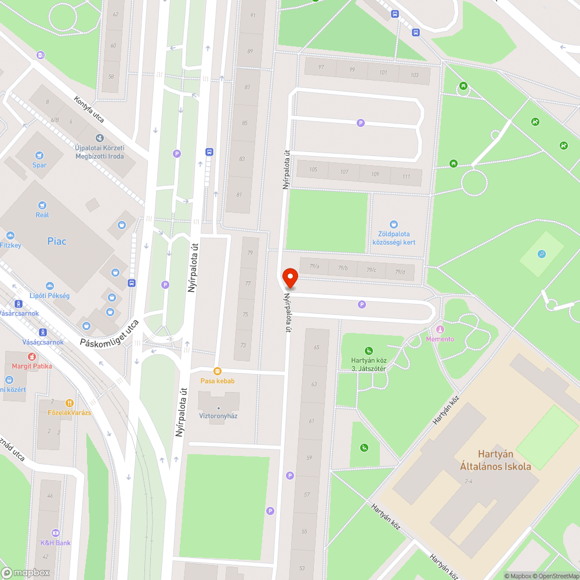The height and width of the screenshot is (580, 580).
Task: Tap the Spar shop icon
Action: click(x=39, y=155)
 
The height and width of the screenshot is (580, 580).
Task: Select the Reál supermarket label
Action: click(x=42, y=215)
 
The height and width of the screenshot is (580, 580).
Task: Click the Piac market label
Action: click(x=57, y=241)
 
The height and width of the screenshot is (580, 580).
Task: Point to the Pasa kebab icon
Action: click(x=217, y=371)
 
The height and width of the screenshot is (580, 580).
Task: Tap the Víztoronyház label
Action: click(x=218, y=416)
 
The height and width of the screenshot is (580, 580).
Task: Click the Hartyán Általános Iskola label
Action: click(x=495, y=460)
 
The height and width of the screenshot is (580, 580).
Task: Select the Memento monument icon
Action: click(x=440, y=329)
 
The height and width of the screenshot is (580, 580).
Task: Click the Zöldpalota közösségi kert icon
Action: click(x=394, y=224)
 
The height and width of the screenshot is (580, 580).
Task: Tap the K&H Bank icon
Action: click(x=56, y=532)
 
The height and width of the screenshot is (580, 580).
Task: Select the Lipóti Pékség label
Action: click(x=49, y=296)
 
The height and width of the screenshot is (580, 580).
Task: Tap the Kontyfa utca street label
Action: click(x=89, y=108)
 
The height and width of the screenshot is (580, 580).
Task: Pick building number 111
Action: click(x=406, y=177)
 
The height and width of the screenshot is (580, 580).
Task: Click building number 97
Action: click(x=321, y=67)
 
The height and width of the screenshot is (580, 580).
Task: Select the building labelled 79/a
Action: click(x=314, y=267)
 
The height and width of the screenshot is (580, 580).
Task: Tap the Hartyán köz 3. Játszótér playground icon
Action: click(x=369, y=350)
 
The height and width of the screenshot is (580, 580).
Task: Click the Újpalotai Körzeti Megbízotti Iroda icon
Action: click(x=100, y=138)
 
